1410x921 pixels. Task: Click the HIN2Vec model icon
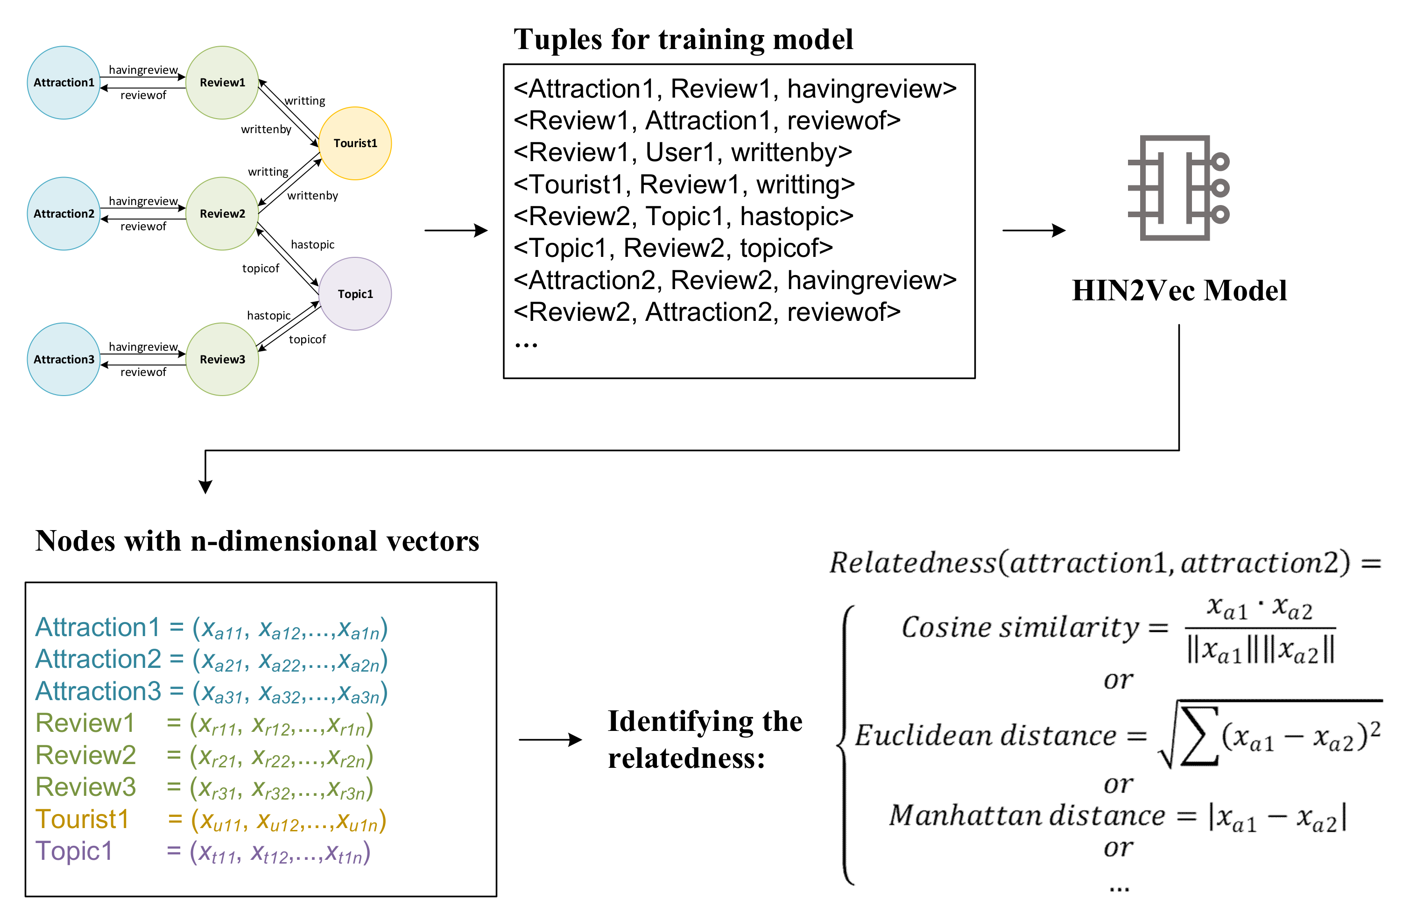(x=1179, y=188)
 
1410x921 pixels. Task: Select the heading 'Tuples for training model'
(x=683, y=39)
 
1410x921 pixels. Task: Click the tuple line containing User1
(x=683, y=152)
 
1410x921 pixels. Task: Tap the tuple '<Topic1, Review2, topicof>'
(x=673, y=248)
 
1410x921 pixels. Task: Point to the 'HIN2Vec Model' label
(x=1179, y=290)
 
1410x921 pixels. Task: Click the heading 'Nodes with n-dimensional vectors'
(x=257, y=541)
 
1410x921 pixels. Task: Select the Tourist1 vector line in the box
(x=210, y=820)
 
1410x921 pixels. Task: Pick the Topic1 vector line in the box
(x=203, y=852)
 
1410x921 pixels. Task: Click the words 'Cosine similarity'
(x=1020, y=627)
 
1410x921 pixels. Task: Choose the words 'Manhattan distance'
(x=1027, y=815)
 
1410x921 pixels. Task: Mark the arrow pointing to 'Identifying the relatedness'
(x=550, y=740)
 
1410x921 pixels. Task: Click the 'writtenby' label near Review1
(x=266, y=129)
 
